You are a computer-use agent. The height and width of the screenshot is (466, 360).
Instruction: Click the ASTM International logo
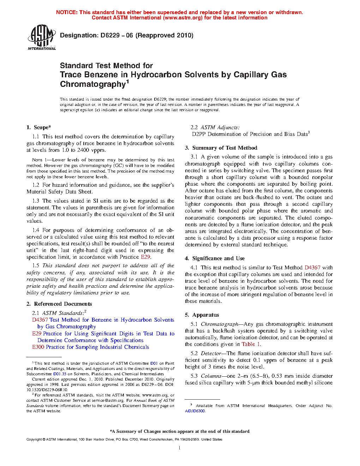(42, 37)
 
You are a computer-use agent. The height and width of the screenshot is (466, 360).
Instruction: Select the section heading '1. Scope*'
(39, 127)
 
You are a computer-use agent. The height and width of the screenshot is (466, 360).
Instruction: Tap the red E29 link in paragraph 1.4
(145, 257)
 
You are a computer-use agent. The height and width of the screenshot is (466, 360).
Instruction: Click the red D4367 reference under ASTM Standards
(40, 320)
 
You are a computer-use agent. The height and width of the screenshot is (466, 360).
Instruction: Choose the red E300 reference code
(38, 347)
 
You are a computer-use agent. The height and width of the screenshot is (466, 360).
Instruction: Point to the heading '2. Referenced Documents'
(59, 304)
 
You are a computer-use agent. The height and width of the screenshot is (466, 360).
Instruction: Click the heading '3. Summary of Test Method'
(221, 148)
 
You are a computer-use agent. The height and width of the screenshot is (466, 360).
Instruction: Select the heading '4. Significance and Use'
(215, 258)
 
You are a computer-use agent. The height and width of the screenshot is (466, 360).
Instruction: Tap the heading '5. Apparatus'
(202, 315)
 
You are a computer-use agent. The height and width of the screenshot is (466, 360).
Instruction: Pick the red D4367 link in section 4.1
(312, 268)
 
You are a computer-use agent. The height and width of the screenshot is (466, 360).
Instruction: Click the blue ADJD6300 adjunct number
(195, 411)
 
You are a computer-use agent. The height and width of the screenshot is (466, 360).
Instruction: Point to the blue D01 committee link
(154, 363)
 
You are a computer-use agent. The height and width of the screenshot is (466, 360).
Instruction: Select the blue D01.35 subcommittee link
(60, 374)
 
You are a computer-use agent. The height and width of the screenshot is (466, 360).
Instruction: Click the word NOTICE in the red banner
(66, 12)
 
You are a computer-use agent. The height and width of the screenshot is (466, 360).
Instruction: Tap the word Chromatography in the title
(93, 84)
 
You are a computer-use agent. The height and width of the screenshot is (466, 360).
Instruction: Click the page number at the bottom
(180, 448)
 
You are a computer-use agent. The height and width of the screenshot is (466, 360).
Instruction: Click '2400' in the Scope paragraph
(83, 150)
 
